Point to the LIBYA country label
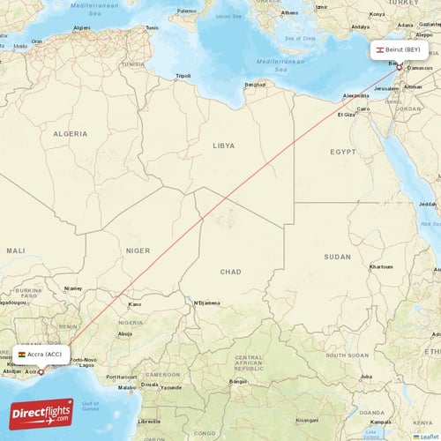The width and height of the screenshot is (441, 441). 224,145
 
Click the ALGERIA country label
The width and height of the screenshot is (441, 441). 71,132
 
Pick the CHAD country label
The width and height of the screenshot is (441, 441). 230,272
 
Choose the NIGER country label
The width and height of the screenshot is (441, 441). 138,250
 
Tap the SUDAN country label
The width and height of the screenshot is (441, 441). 337,257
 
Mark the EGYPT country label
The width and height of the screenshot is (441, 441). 342,152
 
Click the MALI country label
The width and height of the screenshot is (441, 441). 16,250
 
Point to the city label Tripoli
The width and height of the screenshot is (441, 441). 183,76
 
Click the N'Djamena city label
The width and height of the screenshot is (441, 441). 206,303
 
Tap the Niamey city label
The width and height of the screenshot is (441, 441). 73,288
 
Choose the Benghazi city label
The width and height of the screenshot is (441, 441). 255,85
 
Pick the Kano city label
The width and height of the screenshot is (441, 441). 134,304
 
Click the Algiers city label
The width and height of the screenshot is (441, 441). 82,27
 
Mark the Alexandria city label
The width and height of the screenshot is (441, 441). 355,94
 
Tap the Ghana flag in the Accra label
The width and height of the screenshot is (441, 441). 22,354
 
